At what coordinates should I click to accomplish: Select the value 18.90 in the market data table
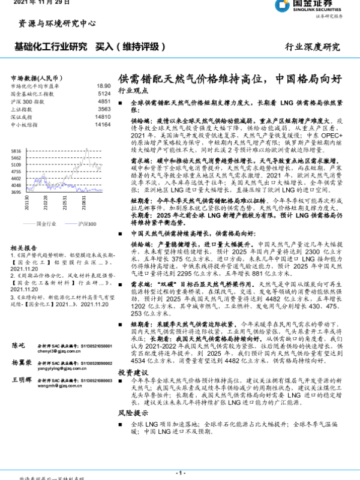pyautogui.click(x=103, y=86)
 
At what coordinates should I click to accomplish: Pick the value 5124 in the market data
pyautogui.click(x=104, y=94)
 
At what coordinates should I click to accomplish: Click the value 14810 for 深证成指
pyautogui.click(x=103, y=117)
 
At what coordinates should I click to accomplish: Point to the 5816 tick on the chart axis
pyautogui.click(x=16, y=151)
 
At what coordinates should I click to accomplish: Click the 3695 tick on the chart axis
pyautogui.click(x=16, y=193)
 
